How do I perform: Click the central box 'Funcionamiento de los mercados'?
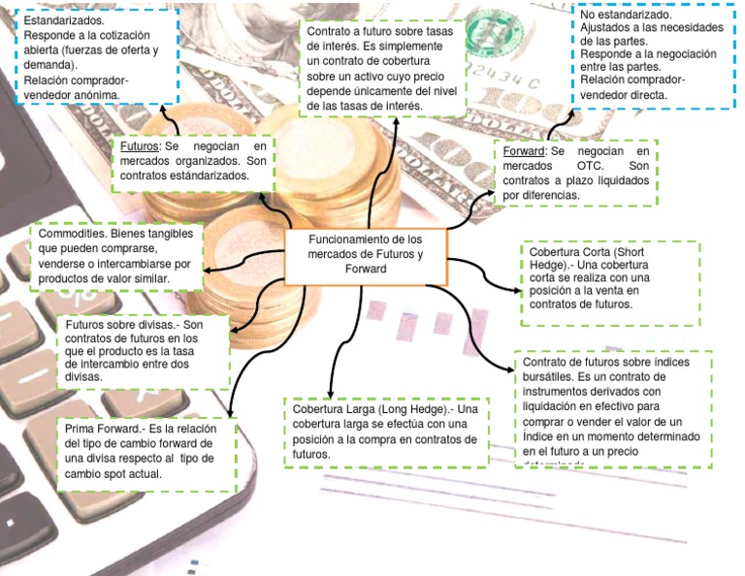click(366, 254)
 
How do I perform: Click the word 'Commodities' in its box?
click(72, 235)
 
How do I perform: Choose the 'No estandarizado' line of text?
click(625, 16)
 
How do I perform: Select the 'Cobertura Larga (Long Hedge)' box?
click(385, 431)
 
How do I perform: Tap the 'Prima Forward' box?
click(146, 452)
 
